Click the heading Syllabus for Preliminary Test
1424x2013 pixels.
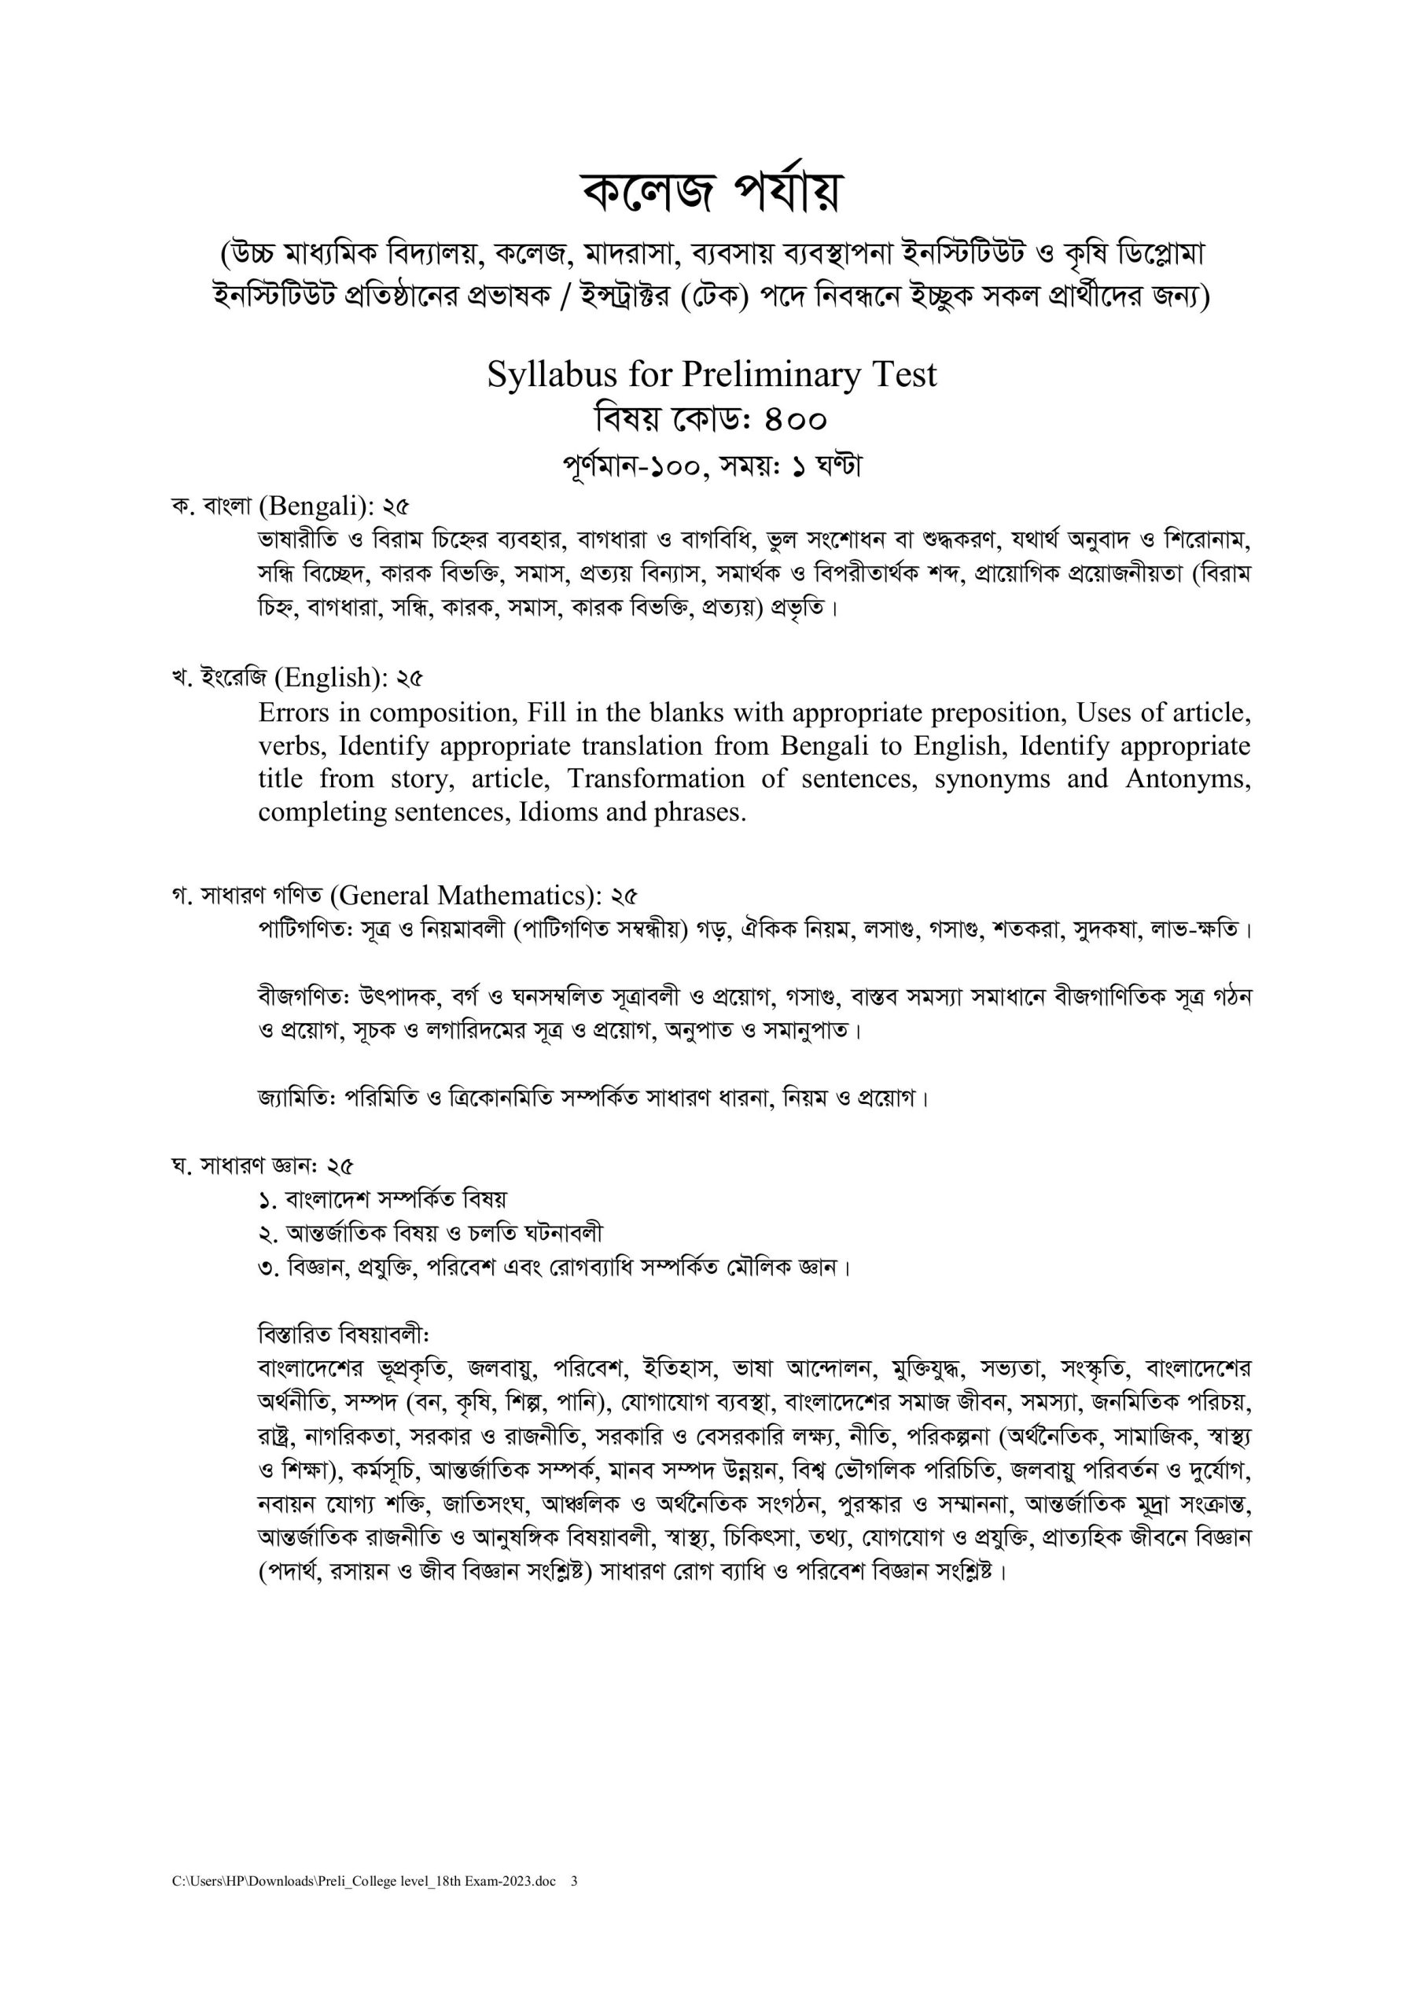pyautogui.click(x=711, y=375)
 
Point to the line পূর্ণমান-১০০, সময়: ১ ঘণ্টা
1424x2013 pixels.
pyautogui.click(x=711, y=466)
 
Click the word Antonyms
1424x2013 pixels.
pyautogui.click(x=1188, y=778)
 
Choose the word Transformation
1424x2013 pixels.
pyautogui.click(x=655, y=778)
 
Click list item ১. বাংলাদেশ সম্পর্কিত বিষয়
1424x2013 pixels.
pyautogui.click(x=382, y=1199)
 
